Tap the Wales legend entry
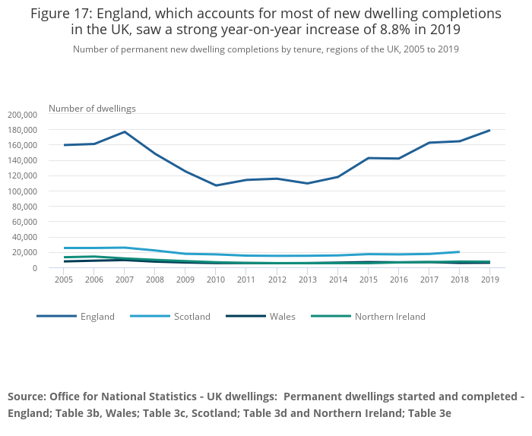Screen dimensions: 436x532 click(280, 317)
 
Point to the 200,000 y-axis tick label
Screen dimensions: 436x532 click(22, 115)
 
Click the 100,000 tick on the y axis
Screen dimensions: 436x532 click(22, 191)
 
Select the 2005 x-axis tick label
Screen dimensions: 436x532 click(64, 280)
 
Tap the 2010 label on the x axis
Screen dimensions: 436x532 click(216, 280)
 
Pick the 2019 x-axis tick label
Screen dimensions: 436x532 click(489, 280)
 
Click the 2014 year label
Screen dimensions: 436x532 click(337, 280)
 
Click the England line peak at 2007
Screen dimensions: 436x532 click(125, 132)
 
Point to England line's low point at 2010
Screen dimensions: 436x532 click(216, 185)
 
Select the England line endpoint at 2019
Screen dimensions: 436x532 click(489, 131)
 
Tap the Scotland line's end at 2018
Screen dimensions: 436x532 click(459, 251)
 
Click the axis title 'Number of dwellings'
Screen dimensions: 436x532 click(92, 108)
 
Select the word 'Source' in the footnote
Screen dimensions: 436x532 click(27, 397)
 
